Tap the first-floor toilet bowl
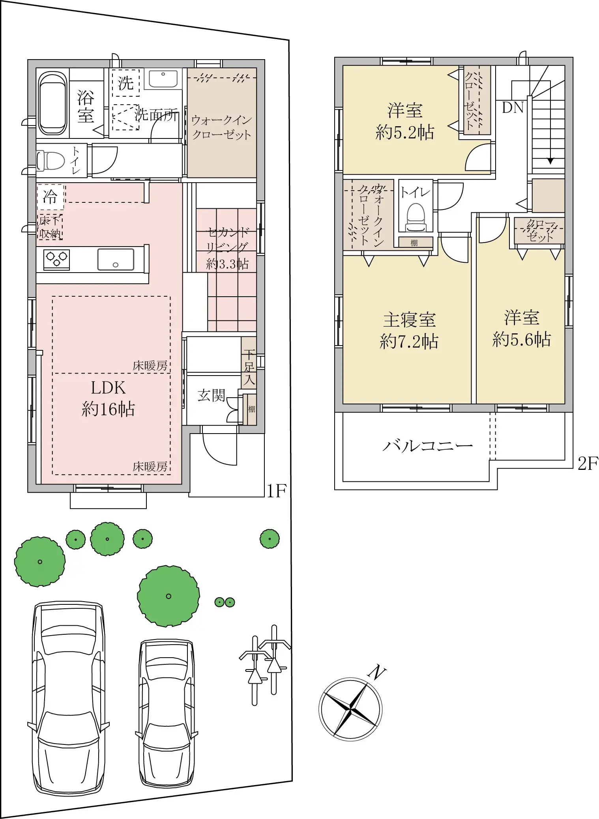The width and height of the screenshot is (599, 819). click(51, 161)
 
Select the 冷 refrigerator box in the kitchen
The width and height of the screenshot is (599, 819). click(51, 196)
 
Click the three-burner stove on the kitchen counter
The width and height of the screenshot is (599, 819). click(57, 259)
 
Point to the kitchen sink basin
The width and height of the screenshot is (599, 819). click(116, 259)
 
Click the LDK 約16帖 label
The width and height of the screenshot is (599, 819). click(108, 398)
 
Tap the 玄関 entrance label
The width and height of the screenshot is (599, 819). click(211, 395)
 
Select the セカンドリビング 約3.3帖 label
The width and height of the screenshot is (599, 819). click(227, 248)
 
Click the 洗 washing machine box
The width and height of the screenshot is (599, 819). click(125, 83)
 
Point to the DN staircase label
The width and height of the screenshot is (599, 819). click(513, 107)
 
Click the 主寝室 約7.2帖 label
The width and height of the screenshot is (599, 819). click(409, 331)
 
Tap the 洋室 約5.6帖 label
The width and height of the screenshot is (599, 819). click(521, 328)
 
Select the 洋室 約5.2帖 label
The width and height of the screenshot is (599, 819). click(405, 121)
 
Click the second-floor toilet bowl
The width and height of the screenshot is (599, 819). click(416, 217)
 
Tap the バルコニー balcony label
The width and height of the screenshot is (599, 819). click(427, 446)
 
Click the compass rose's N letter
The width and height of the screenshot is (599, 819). click(377, 671)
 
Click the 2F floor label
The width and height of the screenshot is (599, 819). click(588, 464)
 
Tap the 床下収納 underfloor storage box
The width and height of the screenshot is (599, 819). click(50, 227)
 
